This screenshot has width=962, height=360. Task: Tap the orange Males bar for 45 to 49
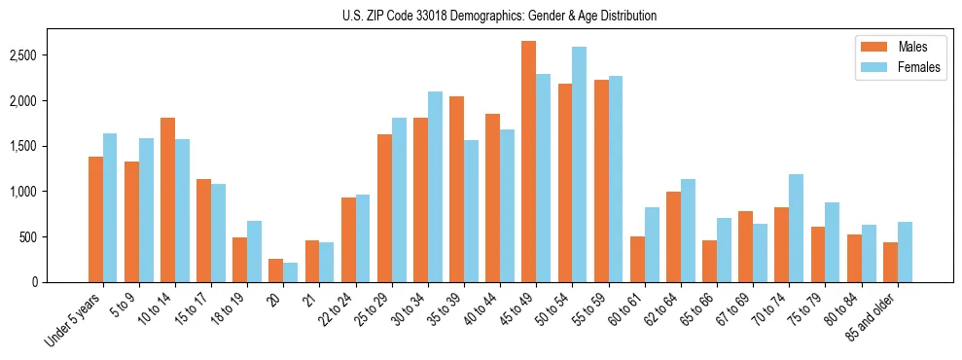click(x=528, y=162)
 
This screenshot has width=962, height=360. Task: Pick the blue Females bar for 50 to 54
click(x=580, y=164)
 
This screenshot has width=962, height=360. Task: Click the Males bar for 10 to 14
click(x=167, y=199)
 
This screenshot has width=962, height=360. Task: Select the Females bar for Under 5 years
click(x=110, y=207)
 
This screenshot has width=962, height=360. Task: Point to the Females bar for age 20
click(x=291, y=272)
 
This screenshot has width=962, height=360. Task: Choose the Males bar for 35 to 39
click(x=456, y=189)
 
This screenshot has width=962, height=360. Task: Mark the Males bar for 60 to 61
click(x=637, y=259)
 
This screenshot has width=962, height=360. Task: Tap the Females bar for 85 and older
click(x=905, y=252)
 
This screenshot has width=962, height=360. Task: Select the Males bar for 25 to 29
click(x=384, y=208)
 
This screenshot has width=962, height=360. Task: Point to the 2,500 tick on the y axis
click(x=37, y=55)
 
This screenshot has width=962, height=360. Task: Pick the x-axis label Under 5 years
click(x=73, y=322)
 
